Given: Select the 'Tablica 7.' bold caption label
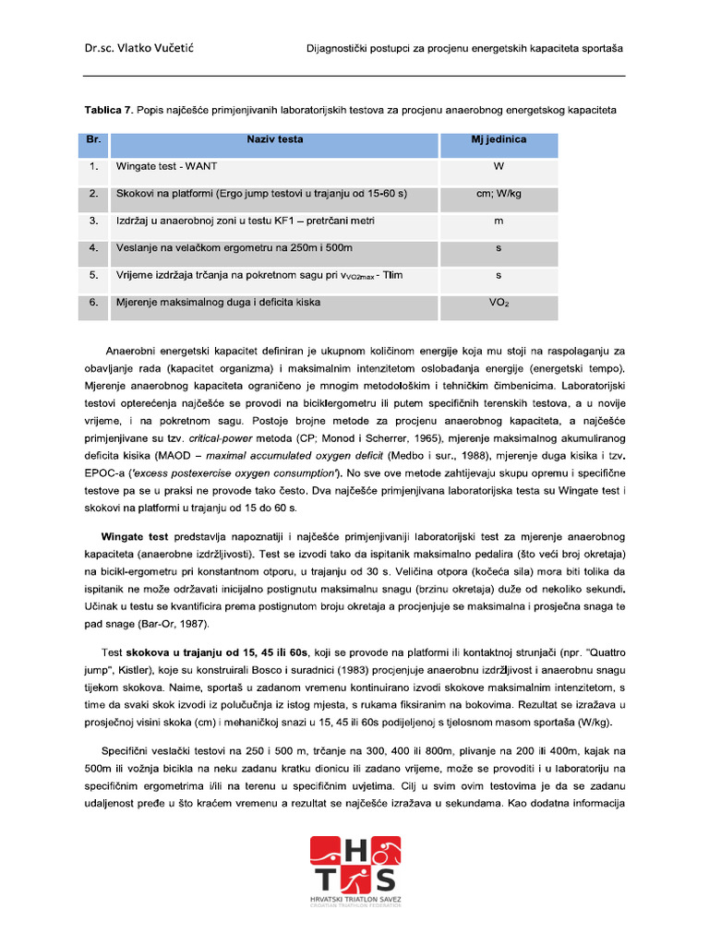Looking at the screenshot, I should (x=108, y=111).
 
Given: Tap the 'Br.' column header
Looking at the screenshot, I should (x=93, y=139).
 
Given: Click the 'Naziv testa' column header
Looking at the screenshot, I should (x=274, y=139).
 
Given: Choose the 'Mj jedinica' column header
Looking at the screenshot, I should (x=499, y=139).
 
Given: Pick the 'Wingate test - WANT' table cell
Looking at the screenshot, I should (x=167, y=167).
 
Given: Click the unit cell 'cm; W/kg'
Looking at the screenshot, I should (x=499, y=194).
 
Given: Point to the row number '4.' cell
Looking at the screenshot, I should (x=93, y=248).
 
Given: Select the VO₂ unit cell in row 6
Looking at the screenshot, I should (x=499, y=302).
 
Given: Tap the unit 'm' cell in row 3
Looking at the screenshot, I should (x=499, y=221).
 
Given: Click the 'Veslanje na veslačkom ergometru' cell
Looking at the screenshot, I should (x=234, y=248).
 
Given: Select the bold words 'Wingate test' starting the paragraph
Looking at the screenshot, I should (x=134, y=536).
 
